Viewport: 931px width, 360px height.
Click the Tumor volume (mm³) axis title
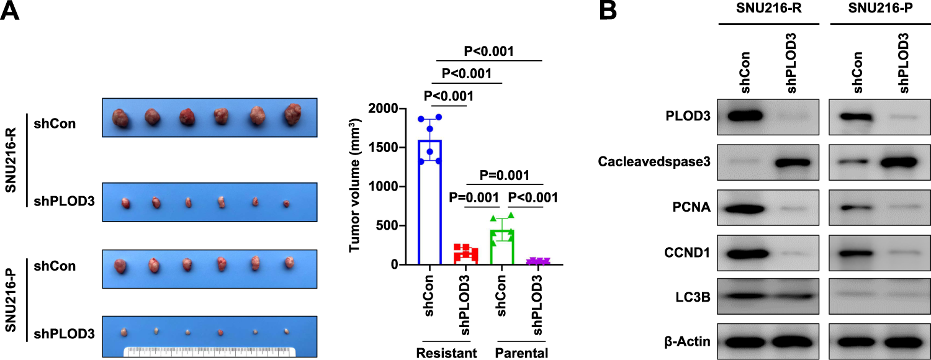pos(356,187)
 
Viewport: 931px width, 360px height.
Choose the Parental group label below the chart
pos(520,353)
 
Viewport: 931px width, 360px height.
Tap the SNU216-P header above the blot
pos(876,11)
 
